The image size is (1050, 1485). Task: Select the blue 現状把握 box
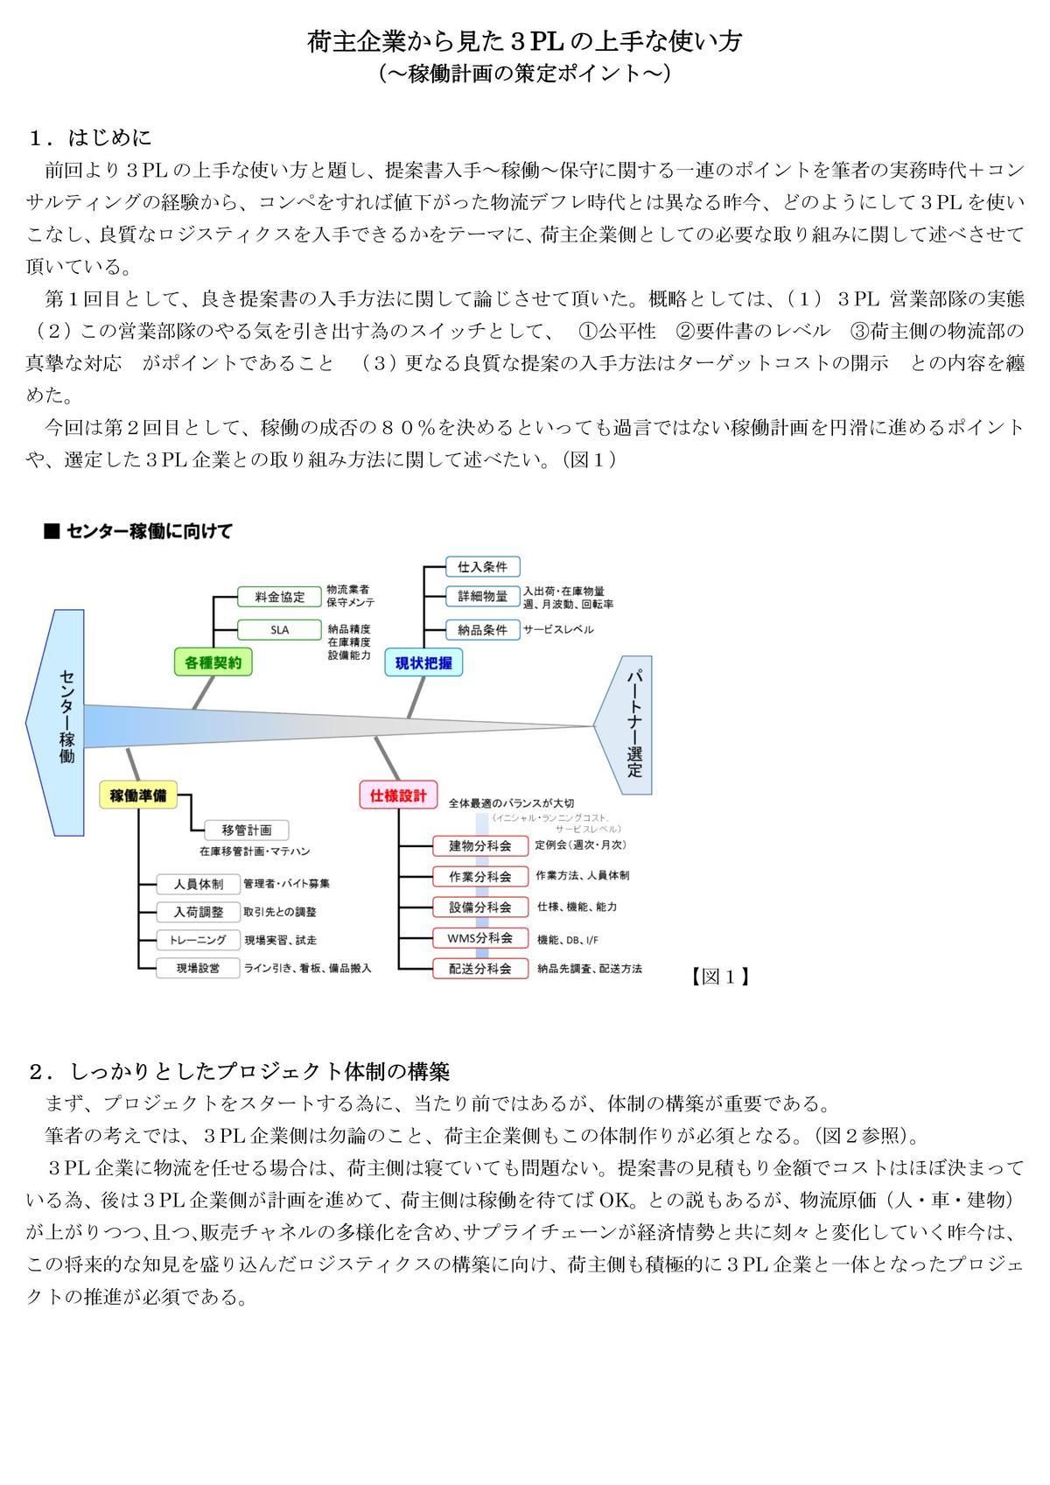[x=423, y=662]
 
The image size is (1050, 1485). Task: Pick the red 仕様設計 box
[x=398, y=795]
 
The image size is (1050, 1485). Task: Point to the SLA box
[x=280, y=629]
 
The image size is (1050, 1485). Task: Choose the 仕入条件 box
[x=482, y=566]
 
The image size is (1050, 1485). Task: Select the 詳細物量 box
[x=482, y=597]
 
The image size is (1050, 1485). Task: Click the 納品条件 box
[x=482, y=629]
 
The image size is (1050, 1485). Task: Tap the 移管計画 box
[x=247, y=830]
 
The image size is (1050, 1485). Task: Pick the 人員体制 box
[x=198, y=884]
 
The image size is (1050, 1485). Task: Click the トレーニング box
[x=198, y=940]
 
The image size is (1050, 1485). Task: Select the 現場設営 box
[x=198, y=968]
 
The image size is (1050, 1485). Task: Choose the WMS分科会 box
[x=480, y=938]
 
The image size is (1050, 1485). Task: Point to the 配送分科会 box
[x=480, y=969]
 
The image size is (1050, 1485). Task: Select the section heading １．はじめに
[x=90, y=137]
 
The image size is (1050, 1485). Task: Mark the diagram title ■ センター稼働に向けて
[x=138, y=531]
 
